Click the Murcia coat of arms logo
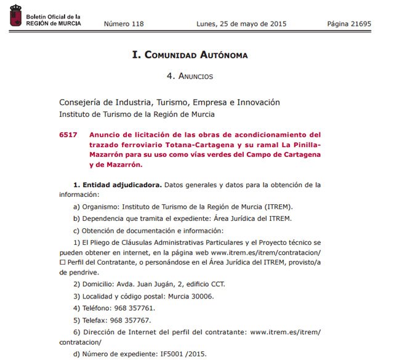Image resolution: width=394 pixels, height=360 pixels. pyautogui.click(x=14, y=18)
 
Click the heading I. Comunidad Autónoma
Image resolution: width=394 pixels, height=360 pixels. pyautogui.click(x=190, y=55)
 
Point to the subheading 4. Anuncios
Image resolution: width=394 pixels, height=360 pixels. pyautogui.click(x=190, y=76)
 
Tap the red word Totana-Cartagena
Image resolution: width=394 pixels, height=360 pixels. pyautogui.click(x=190, y=145)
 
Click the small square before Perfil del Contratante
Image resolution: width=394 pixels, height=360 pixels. pyautogui.click(x=62, y=263)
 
